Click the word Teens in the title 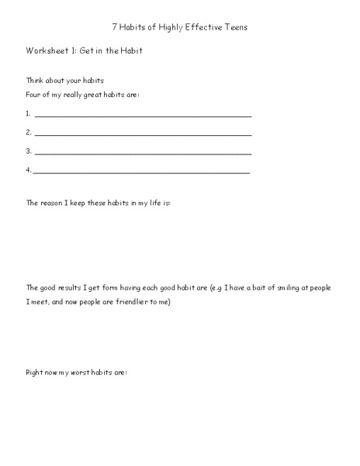point(234,27)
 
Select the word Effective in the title point(199,27)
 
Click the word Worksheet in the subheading point(45,50)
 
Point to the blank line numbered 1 point(143,115)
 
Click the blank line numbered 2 point(143,133)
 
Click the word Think point(36,80)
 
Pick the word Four point(34,95)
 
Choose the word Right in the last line point(36,373)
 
